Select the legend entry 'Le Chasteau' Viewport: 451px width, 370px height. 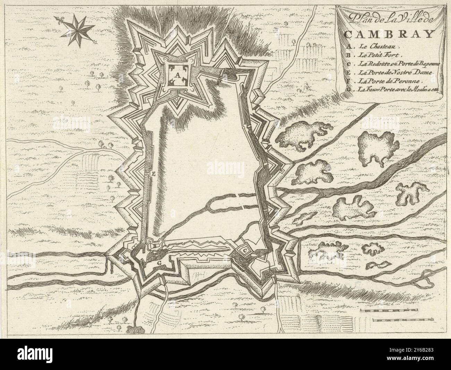[380, 45]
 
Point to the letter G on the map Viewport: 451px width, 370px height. [159, 263]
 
